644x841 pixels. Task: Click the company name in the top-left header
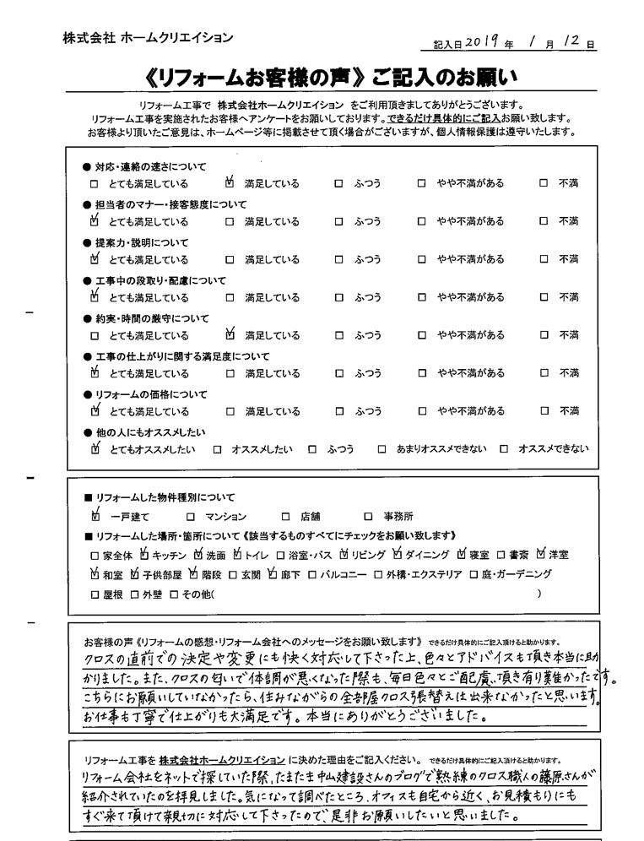click(148, 37)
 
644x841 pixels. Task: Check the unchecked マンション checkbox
click(191, 517)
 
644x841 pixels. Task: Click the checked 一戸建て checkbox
click(95, 516)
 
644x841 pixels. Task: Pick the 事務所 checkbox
click(368, 517)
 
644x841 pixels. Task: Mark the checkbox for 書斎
click(501, 556)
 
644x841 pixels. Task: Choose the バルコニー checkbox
click(311, 575)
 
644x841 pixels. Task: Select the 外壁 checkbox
click(134, 595)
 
